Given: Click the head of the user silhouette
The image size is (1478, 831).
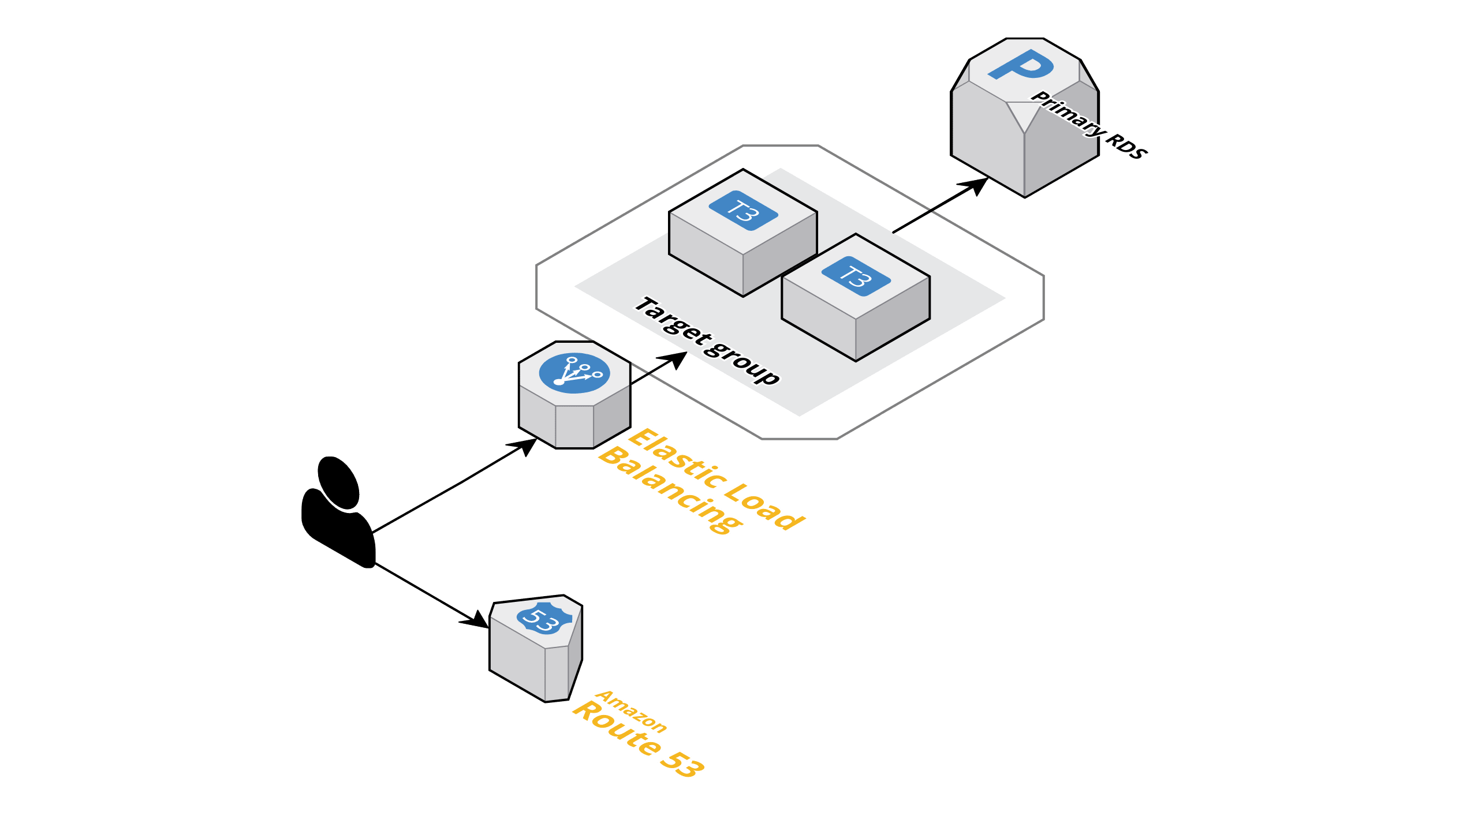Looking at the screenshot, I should click(339, 482).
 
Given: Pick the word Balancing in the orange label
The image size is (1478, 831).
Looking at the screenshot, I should click(670, 491).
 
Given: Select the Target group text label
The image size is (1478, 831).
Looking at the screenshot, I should click(708, 340).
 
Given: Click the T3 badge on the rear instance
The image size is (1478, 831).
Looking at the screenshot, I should click(743, 211).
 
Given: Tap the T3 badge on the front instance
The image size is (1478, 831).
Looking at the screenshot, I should click(856, 276).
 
